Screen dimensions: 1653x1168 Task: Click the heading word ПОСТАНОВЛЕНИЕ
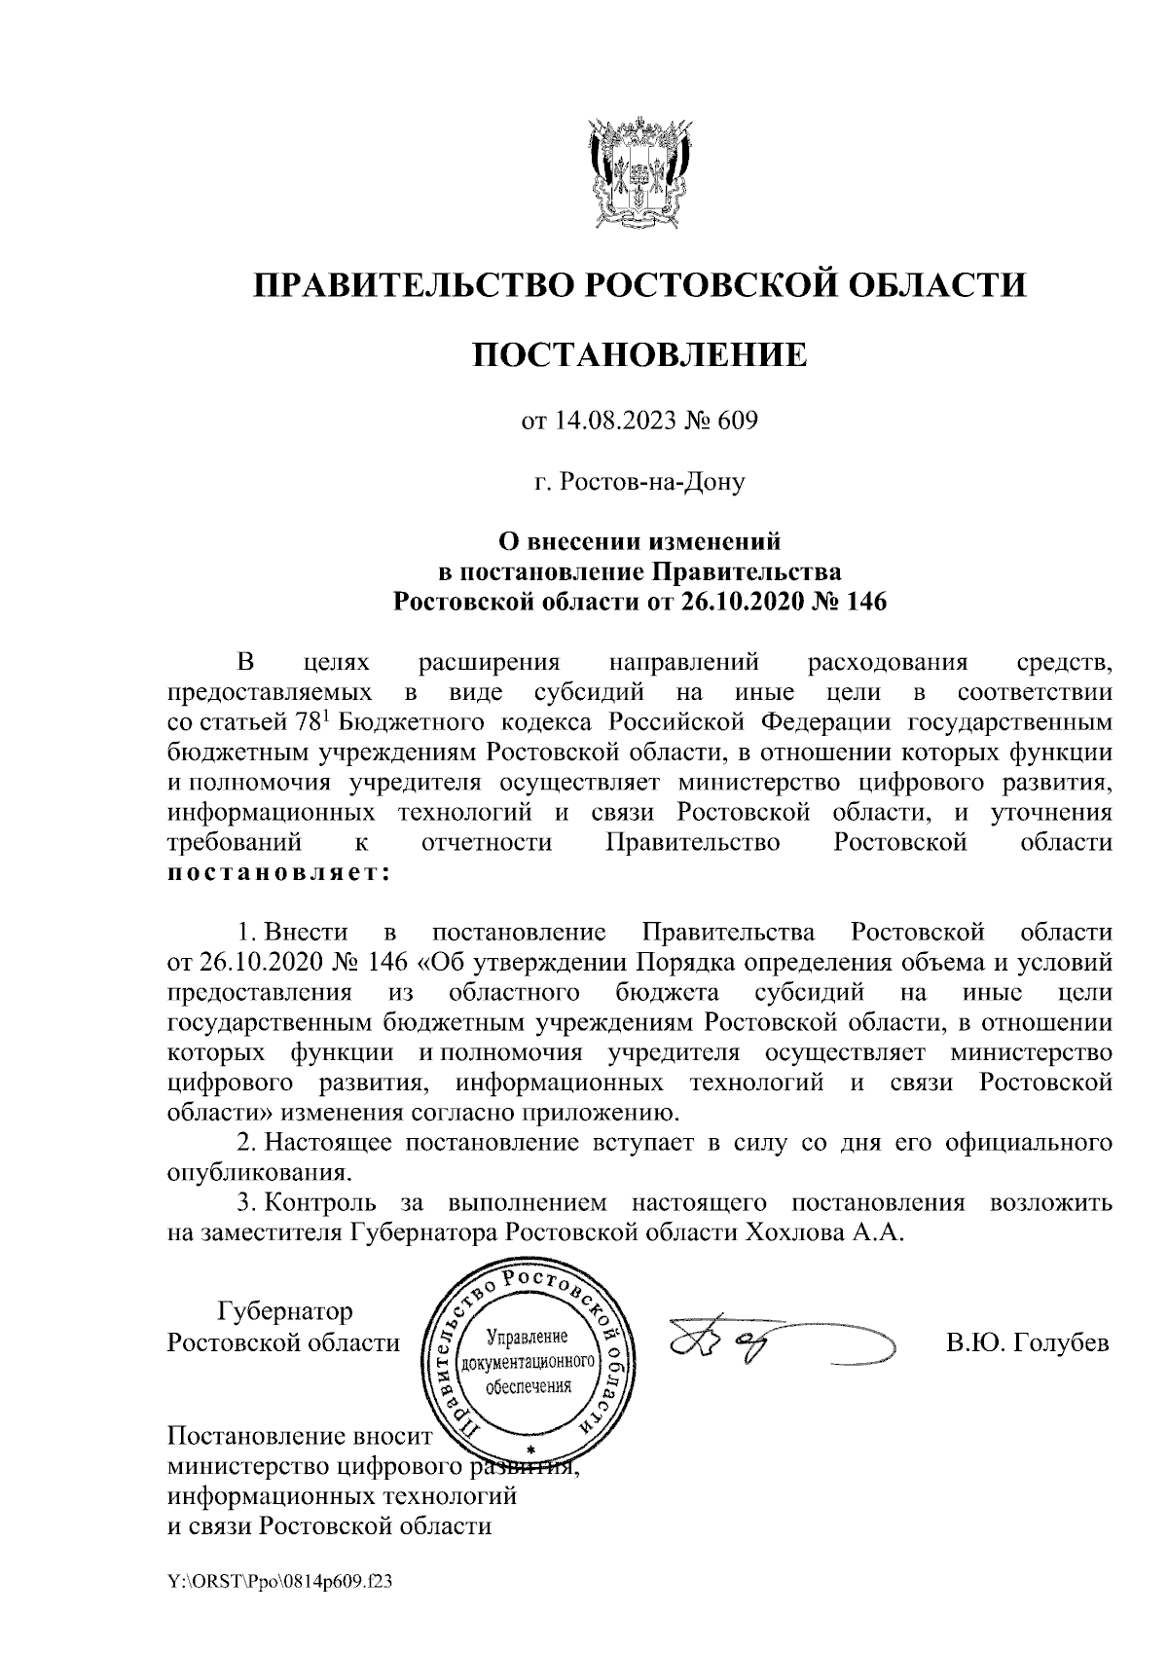[x=639, y=354]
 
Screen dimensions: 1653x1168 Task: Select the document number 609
[x=738, y=421]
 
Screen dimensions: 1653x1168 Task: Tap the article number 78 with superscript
[x=313, y=723]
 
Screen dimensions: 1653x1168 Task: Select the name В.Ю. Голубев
[x=1027, y=1343]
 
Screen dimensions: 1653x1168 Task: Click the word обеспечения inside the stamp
[x=528, y=1386]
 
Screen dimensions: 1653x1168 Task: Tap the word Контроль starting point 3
[x=319, y=1201]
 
